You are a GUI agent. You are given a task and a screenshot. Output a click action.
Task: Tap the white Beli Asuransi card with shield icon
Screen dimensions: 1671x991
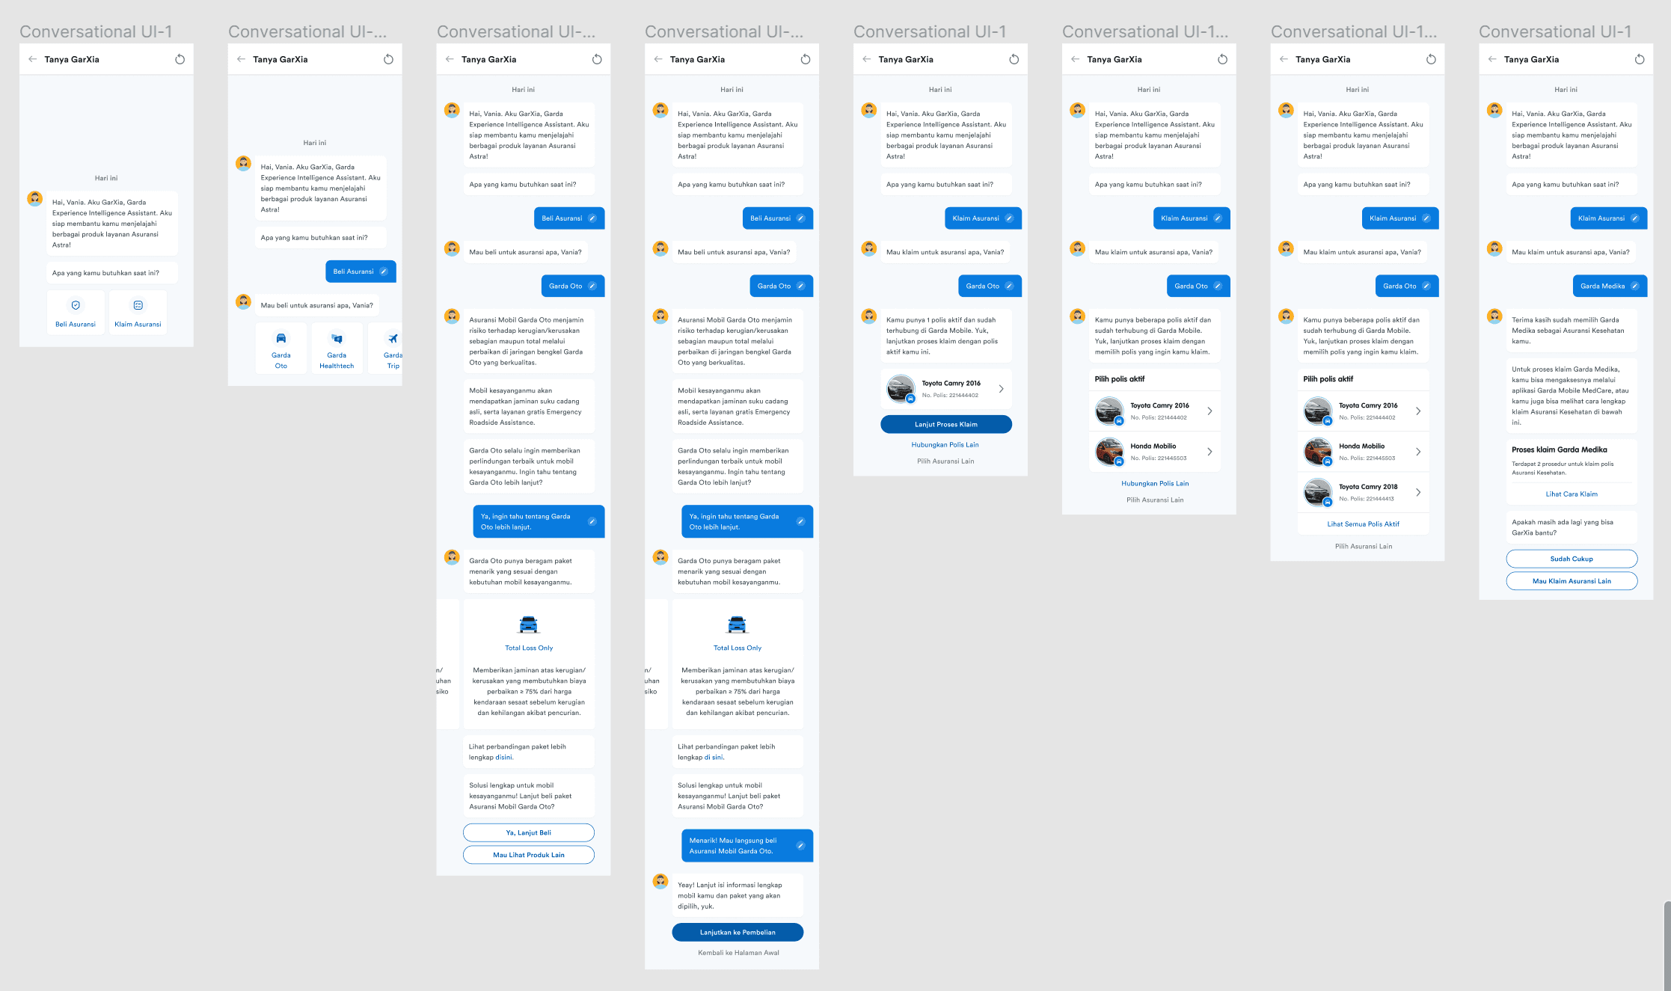(76, 312)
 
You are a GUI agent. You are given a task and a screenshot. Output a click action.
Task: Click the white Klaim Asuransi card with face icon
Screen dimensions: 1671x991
(138, 312)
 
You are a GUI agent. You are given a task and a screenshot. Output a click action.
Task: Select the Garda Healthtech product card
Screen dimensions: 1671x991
(337, 349)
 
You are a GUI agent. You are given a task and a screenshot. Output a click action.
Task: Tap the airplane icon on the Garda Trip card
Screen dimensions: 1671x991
(393, 339)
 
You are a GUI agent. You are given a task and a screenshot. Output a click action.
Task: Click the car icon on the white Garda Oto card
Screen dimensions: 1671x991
(281, 338)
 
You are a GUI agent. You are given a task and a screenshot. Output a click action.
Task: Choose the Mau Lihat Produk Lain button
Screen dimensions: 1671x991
(529, 855)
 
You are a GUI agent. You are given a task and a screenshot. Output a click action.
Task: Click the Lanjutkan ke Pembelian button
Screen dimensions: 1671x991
(738, 933)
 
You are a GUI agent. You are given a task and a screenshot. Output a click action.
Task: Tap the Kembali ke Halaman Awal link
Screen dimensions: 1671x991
(738, 953)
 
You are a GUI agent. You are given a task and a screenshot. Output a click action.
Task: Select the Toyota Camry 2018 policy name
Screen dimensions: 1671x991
(1368, 487)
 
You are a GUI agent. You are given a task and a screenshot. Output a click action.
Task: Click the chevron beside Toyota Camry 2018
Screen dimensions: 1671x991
(1418, 492)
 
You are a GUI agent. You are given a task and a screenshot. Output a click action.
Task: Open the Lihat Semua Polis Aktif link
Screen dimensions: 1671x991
(1363, 524)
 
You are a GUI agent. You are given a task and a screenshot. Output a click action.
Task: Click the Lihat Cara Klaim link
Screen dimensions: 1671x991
(1572, 494)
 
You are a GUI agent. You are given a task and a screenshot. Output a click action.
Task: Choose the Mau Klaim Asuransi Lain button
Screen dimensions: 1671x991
(1572, 581)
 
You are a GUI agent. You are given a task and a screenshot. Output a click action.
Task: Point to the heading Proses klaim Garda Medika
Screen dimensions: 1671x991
(1560, 450)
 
